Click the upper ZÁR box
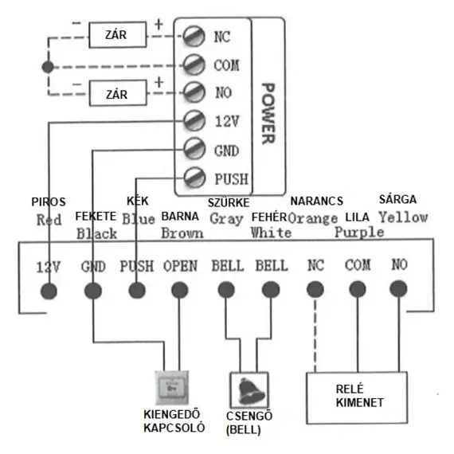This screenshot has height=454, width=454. (x=117, y=35)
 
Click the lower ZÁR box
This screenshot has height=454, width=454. (x=118, y=93)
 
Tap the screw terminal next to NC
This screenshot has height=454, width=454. (x=194, y=36)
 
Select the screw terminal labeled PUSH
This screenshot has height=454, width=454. (x=194, y=177)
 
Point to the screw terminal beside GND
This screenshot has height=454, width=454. (x=194, y=149)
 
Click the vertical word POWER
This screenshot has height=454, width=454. (x=268, y=113)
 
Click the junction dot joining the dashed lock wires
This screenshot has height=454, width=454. (x=48, y=67)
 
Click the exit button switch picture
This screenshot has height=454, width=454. (x=172, y=388)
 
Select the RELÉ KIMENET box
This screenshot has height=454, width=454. (x=357, y=398)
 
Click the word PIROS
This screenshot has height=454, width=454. (x=49, y=202)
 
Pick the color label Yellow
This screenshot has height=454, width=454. (x=403, y=217)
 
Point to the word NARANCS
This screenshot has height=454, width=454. (x=317, y=201)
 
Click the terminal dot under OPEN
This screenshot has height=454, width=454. (x=180, y=290)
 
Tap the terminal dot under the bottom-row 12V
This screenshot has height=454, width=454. (x=49, y=292)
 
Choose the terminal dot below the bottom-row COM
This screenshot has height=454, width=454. (x=358, y=289)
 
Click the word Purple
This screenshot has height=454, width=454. (x=359, y=233)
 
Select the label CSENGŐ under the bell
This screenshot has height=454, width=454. (x=249, y=416)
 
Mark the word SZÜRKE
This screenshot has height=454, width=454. (x=229, y=202)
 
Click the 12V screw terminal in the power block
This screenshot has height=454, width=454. (x=194, y=120)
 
